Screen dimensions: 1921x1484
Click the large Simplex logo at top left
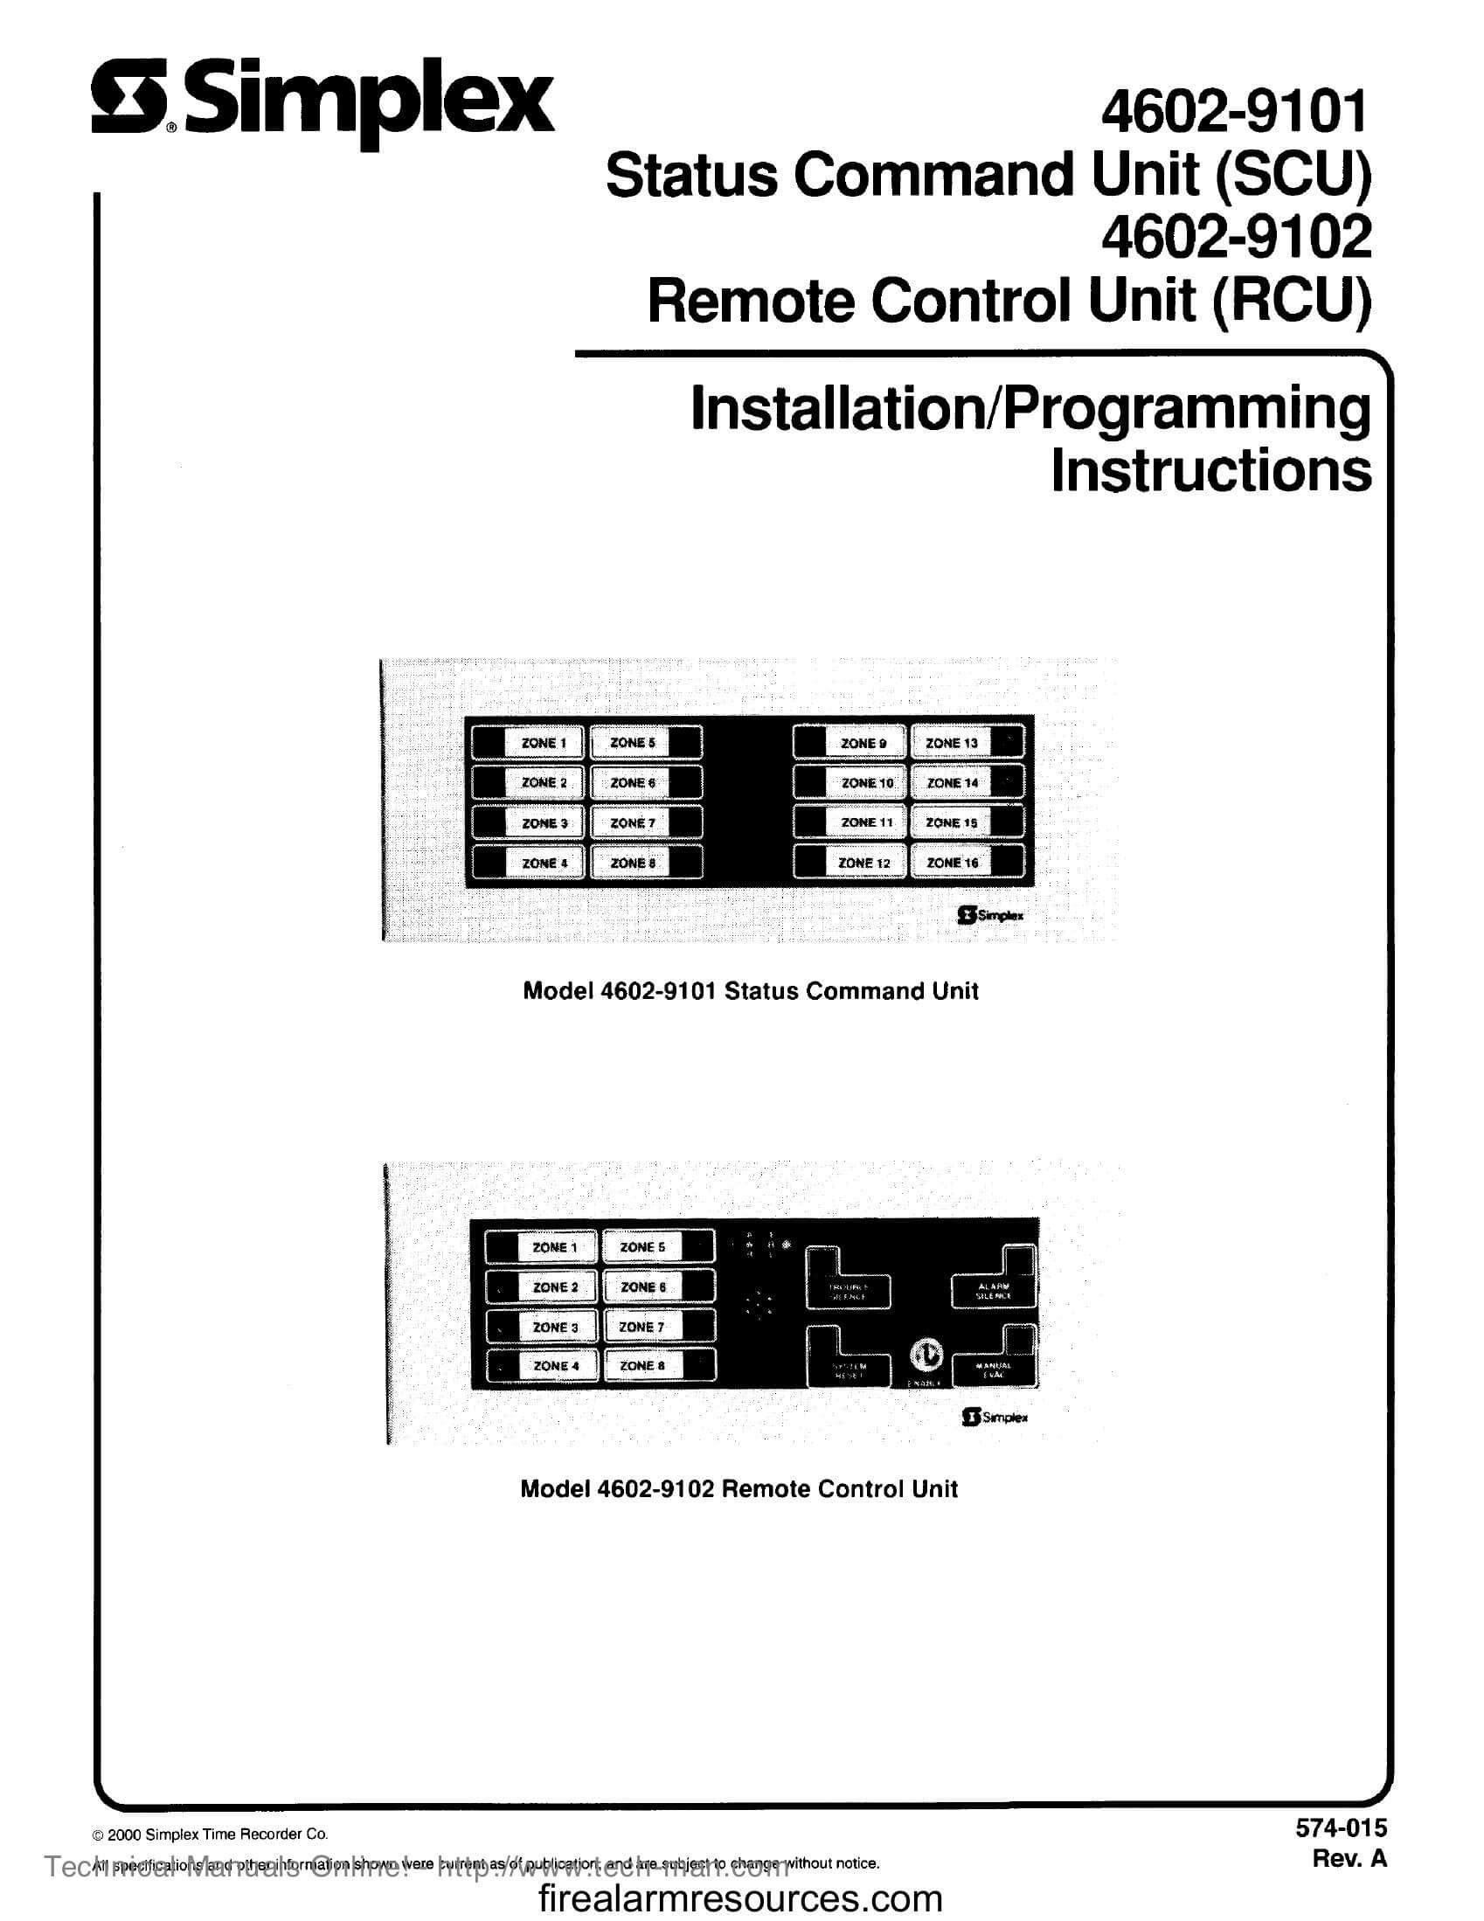pyautogui.click(x=322, y=104)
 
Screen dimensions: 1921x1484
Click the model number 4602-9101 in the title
pyautogui.click(x=1235, y=112)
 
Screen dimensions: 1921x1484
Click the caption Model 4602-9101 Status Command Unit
pyautogui.click(x=751, y=991)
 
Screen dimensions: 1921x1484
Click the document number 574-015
pyautogui.click(x=1341, y=1827)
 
